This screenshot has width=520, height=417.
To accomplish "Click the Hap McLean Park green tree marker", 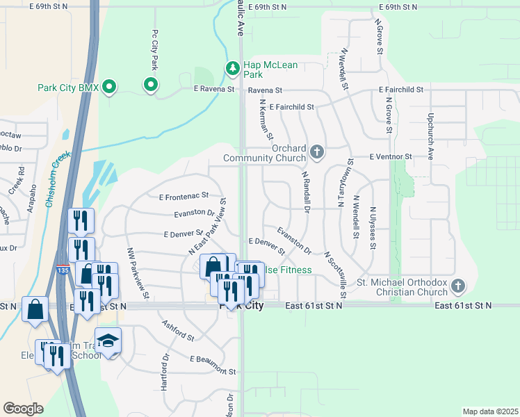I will (x=233, y=68).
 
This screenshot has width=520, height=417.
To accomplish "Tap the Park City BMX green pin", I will (x=108, y=88).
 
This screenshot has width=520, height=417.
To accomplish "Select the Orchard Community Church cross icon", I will (x=317, y=152).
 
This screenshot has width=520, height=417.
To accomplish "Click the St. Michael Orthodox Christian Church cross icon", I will (x=457, y=286).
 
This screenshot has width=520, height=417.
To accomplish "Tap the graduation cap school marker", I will (x=108, y=341).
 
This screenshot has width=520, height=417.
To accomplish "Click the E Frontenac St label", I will (x=184, y=198).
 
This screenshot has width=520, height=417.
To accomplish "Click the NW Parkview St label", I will (x=138, y=273).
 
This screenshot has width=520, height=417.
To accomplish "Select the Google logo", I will (x=23, y=409).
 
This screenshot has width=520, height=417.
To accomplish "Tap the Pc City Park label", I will (x=154, y=50).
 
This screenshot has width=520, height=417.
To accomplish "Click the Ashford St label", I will (x=177, y=329).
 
